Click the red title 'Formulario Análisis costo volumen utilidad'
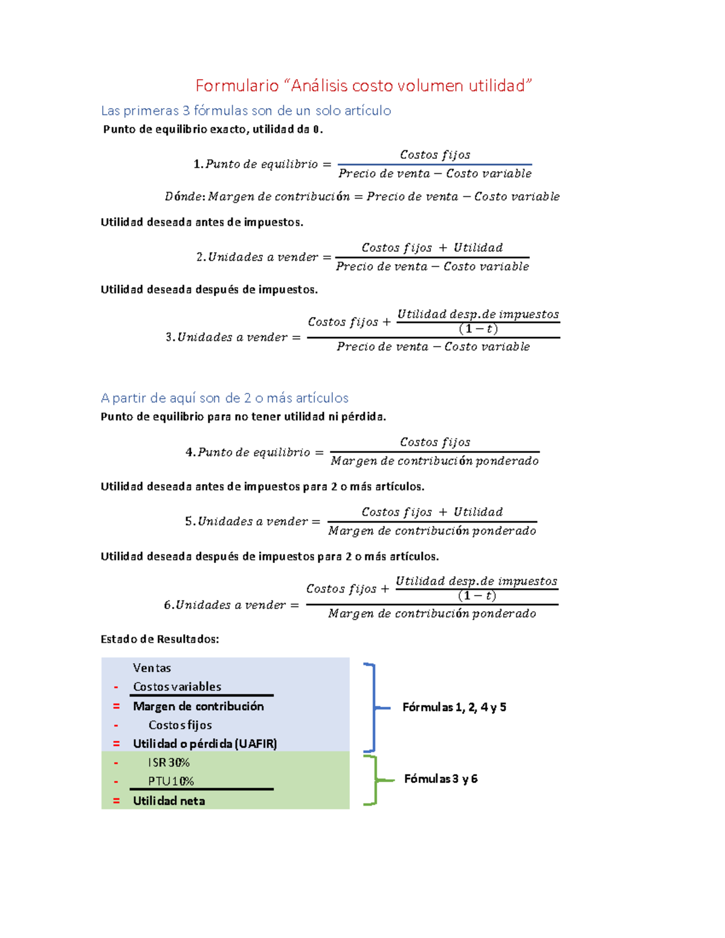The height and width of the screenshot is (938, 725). [x=364, y=86]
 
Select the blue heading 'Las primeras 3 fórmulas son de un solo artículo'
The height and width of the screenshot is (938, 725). [x=246, y=111]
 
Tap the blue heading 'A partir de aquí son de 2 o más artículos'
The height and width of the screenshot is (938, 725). [x=224, y=398]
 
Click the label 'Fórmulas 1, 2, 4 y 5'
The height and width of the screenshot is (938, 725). [x=454, y=707]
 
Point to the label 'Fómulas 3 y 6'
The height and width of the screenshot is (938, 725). [x=440, y=779]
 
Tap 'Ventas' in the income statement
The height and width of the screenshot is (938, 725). [x=152, y=668]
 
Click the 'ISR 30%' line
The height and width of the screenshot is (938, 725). [x=169, y=763]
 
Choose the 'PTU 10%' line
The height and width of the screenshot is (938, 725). [x=171, y=782]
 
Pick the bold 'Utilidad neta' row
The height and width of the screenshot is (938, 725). [x=169, y=801]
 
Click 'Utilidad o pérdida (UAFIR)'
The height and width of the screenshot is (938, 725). [x=205, y=744]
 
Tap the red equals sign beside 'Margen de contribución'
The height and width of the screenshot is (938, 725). [x=116, y=706]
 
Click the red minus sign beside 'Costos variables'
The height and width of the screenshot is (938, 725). [x=116, y=687]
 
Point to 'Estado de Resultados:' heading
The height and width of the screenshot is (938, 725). [x=159, y=639]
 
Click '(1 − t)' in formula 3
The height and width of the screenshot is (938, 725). [x=478, y=329]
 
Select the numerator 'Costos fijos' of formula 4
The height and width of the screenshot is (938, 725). [x=435, y=442]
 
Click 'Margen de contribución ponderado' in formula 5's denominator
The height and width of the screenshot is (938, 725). [x=432, y=531]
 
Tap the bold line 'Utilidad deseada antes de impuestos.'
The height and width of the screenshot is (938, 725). [x=202, y=222]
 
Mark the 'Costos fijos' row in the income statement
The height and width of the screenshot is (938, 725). [x=180, y=725]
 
